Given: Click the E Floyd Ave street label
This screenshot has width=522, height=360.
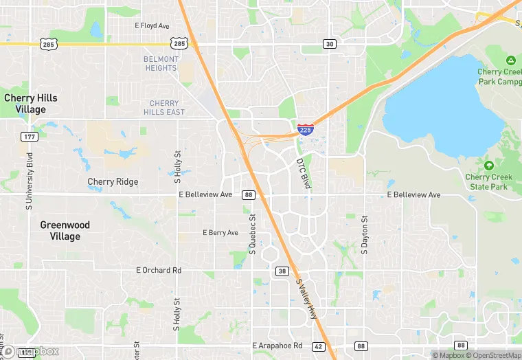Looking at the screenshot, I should point(152,26).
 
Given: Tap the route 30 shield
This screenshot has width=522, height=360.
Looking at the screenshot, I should point(330,44).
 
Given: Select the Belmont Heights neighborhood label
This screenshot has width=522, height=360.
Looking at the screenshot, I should point(161,63).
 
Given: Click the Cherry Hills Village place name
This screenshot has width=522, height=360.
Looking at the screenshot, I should point(30,104).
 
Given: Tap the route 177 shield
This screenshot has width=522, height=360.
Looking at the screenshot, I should point(29,137).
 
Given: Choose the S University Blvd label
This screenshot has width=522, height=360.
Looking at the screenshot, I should point(30,185).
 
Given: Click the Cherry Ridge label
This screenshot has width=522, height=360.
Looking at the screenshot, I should point(113,182).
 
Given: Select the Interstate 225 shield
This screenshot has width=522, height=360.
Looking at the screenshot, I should point(306,129).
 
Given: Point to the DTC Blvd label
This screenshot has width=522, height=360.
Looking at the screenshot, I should point(303,174).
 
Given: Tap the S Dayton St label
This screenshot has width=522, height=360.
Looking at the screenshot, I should point(365,235).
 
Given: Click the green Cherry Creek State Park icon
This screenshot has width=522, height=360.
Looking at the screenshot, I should point(488,166).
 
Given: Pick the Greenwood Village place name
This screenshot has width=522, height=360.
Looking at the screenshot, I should point(60,231).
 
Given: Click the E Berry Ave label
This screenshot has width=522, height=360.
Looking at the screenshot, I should point(220,233).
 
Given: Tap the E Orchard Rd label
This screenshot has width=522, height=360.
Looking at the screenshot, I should point(159,271).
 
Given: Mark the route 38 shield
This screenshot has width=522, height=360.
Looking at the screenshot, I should point(282,271).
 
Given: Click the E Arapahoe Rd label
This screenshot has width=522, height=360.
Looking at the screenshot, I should point(277,346).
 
